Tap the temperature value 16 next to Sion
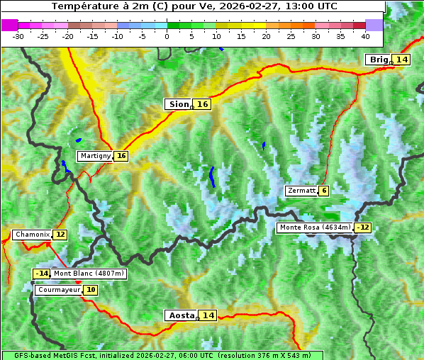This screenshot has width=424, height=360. pyautogui.click(x=203, y=104)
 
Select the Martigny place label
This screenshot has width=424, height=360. pyautogui.click(x=95, y=156)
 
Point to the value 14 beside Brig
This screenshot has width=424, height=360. pyautogui.click(x=402, y=60)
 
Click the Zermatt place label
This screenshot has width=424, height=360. pyautogui.click(x=301, y=191)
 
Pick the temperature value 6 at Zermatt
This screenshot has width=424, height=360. pyautogui.click(x=324, y=191)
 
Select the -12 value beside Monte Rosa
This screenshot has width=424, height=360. pyautogui.click(x=363, y=227)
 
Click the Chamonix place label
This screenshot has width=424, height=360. pyautogui.click(x=32, y=235)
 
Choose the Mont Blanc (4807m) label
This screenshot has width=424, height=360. pyautogui.click(x=89, y=274)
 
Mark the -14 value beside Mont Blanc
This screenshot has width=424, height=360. pyautogui.click(x=42, y=274)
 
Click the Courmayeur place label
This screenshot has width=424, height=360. pyautogui.click(x=59, y=290)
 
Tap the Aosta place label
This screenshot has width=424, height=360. pyautogui.click(x=180, y=315)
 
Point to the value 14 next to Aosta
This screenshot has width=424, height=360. pyautogui.click(x=208, y=315)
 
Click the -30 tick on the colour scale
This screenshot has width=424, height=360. pyautogui.click(x=18, y=35)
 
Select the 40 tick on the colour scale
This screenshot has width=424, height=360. pyautogui.click(x=365, y=35)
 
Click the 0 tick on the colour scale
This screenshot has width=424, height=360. pyautogui.click(x=167, y=35)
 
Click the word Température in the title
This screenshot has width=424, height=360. pyautogui.click(x=82, y=6)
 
